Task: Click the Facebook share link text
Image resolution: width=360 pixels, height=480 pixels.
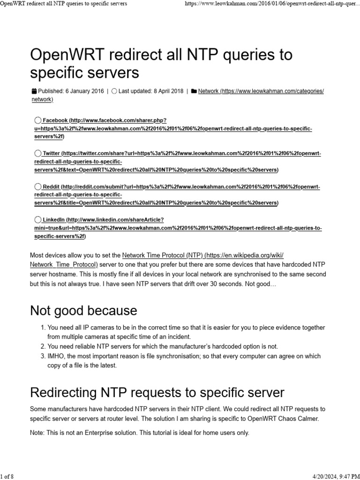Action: pyautogui.click(x=55, y=120)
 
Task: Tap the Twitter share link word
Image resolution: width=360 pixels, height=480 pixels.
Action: pyautogui.click(x=52, y=153)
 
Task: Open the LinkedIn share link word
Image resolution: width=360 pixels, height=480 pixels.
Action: pyautogui.click(x=53, y=219)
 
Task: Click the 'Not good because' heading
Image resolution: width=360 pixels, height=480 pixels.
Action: pyautogui.click(x=83, y=310)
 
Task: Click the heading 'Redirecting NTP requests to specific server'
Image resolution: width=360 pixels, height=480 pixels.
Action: pyautogui.click(x=157, y=392)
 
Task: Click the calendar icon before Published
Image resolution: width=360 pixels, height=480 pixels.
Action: pyautogui.click(x=34, y=91)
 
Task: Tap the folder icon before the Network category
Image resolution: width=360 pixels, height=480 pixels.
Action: pyautogui.click(x=194, y=91)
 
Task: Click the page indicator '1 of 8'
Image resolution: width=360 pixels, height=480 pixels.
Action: pyautogui.click(x=7, y=476)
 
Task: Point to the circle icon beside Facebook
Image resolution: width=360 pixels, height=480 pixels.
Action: pyautogui.click(x=38, y=120)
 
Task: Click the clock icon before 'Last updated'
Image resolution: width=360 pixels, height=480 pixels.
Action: pyautogui.click(x=114, y=91)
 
